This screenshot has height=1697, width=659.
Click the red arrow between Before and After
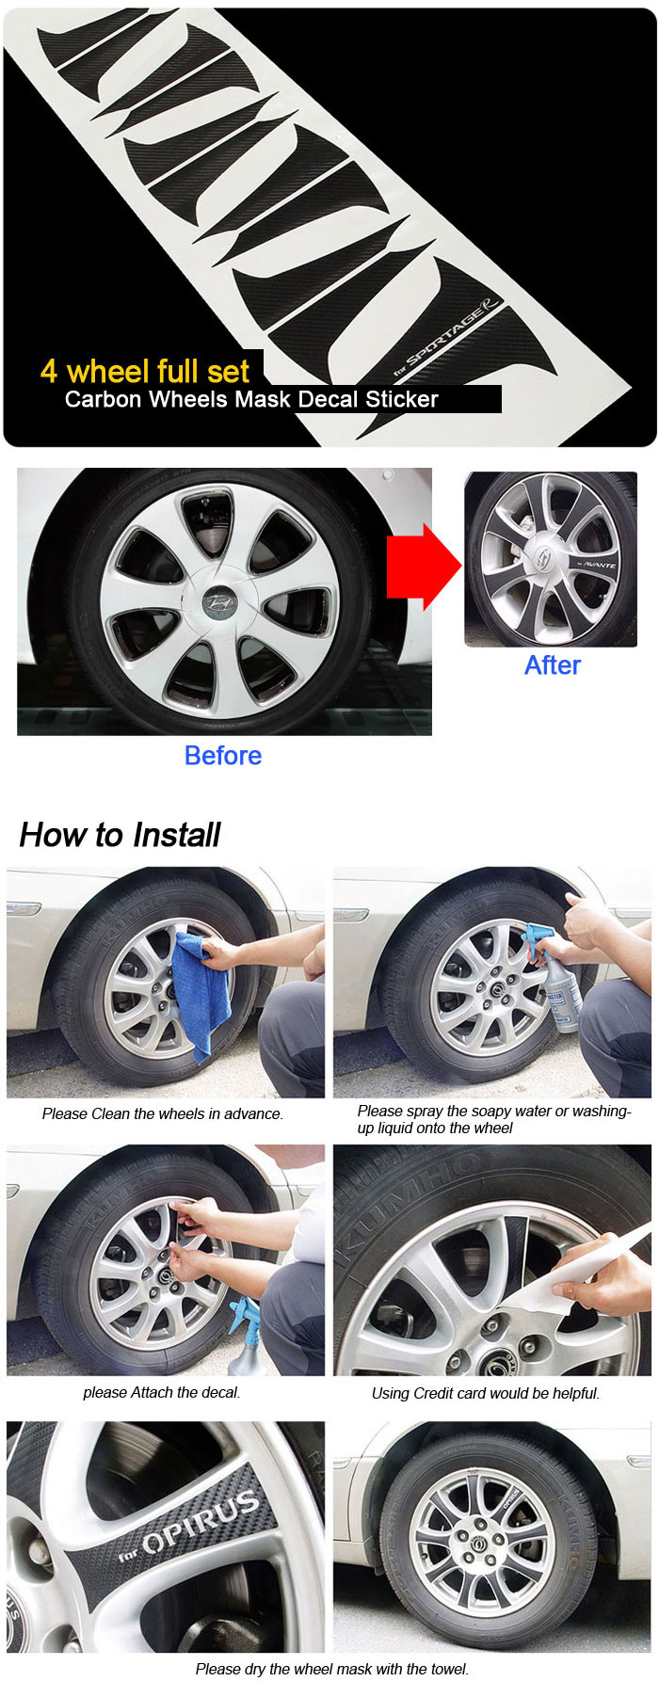[x=424, y=567]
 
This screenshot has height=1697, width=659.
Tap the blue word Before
[x=223, y=756]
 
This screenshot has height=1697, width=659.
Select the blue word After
[x=553, y=665]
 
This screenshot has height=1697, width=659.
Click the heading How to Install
[x=120, y=835]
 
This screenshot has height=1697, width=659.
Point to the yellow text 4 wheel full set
[x=145, y=371]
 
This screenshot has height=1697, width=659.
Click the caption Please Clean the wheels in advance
[x=163, y=1114]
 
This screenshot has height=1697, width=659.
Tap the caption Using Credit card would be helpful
[x=486, y=1393]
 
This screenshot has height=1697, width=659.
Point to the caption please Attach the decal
[x=162, y=1393]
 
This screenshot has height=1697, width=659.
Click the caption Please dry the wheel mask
[x=332, y=1669]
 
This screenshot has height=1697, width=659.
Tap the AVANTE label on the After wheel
[x=596, y=565]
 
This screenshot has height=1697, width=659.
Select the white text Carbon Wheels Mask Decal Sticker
[x=251, y=399]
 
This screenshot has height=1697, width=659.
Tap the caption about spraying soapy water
[x=494, y=1119]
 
